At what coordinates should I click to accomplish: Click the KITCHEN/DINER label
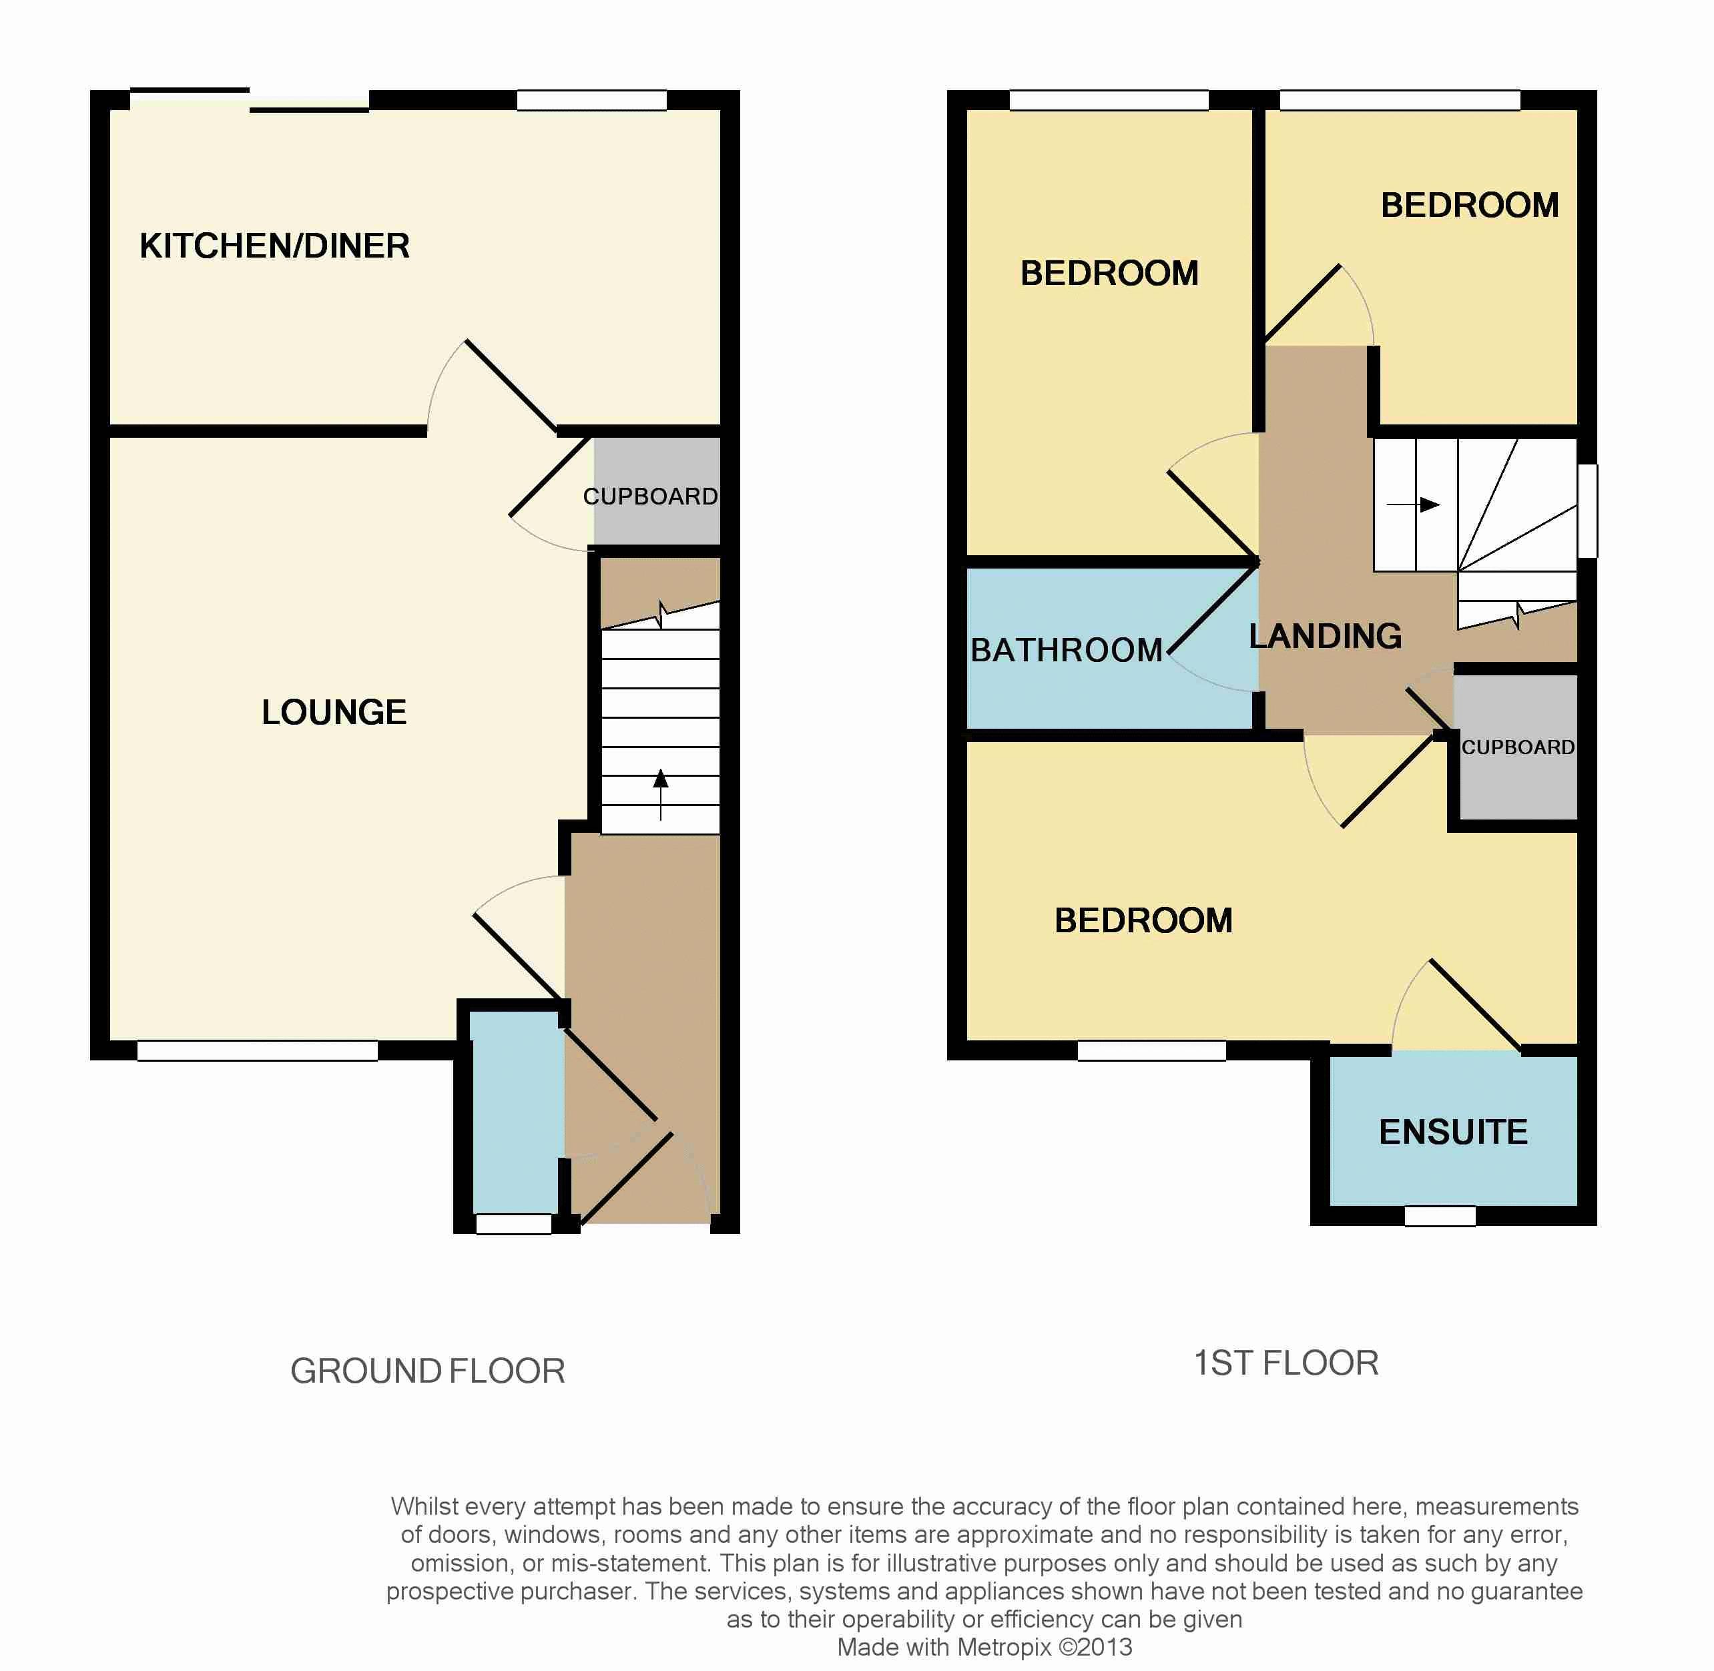pyautogui.click(x=275, y=246)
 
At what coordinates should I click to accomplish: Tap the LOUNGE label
pyautogui.click(x=334, y=712)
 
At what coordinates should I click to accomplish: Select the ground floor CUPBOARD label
pyautogui.click(x=650, y=496)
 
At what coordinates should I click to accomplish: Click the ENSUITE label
pyautogui.click(x=1453, y=1132)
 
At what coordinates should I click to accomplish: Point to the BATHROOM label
pyautogui.click(x=1067, y=651)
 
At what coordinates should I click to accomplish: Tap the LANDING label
pyautogui.click(x=1325, y=636)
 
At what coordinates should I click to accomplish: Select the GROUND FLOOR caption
pyautogui.click(x=427, y=1371)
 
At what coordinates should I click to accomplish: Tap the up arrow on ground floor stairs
pyautogui.click(x=661, y=794)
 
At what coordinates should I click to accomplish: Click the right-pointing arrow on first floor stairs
pyautogui.click(x=1413, y=505)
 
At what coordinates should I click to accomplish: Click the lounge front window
pyautogui.click(x=257, y=1050)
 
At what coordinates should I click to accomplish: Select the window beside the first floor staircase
pyautogui.click(x=1588, y=510)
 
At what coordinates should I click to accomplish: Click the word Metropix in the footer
pyautogui.click(x=1003, y=1647)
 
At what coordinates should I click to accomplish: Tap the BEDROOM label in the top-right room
pyautogui.click(x=1470, y=206)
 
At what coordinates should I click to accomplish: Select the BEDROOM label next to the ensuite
pyautogui.click(x=1143, y=921)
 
